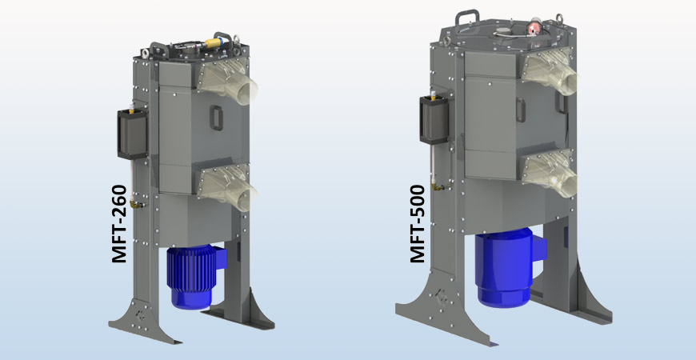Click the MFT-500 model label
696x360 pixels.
tap(417, 224)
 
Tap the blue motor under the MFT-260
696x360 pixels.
tap(192, 276)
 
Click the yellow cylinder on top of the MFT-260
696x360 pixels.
tap(214, 38)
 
